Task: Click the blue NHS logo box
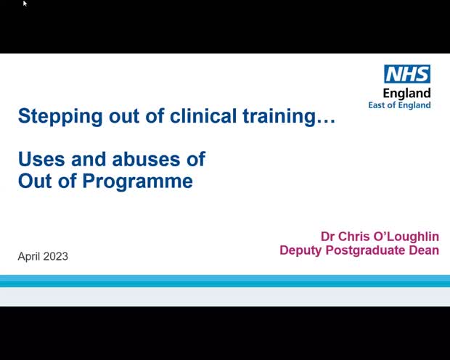click(x=407, y=74)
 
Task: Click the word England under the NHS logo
click(x=406, y=93)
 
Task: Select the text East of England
click(x=400, y=105)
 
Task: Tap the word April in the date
click(x=30, y=256)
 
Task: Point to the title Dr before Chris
click(x=330, y=237)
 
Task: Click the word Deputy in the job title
click(x=300, y=251)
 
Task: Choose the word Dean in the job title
click(x=425, y=251)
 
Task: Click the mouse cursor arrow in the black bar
click(x=25, y=4)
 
